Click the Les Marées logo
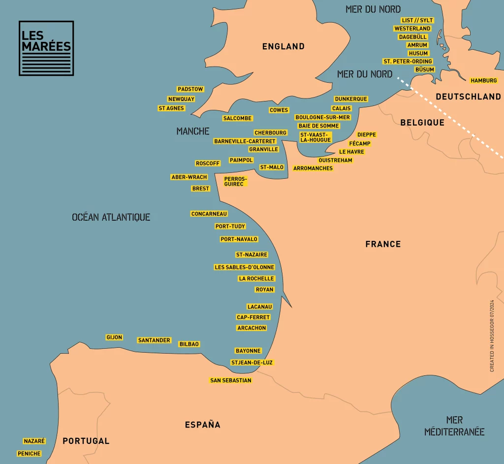46,48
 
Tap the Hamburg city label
484,80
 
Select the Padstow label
190,89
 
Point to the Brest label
201,189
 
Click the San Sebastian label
231,380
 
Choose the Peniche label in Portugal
29,454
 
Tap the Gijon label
114,337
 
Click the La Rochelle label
256,279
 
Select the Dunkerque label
351,99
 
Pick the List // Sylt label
417,20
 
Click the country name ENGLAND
283,46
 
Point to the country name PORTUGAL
86,441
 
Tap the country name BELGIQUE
422,122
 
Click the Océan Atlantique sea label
111,217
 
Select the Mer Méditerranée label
454,426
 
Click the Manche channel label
193,131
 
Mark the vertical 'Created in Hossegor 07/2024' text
492,335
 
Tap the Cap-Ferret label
253,317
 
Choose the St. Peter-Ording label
408,62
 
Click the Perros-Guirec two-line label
235,181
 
